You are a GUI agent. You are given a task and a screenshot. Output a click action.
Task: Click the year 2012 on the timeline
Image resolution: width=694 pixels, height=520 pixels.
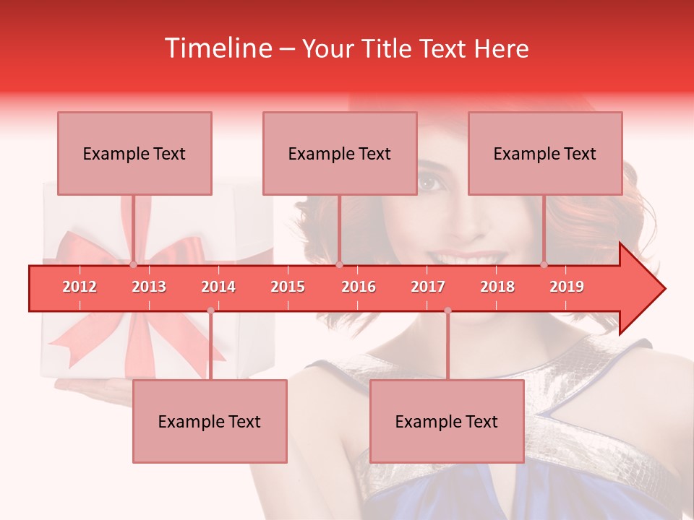point(80,287)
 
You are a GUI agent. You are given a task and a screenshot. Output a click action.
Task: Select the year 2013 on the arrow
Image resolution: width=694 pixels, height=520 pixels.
point(149,287)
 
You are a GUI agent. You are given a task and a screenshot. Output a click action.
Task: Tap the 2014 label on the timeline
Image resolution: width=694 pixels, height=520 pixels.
point(218,287)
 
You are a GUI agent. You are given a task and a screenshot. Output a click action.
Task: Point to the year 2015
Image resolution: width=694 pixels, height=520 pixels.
point(288,287)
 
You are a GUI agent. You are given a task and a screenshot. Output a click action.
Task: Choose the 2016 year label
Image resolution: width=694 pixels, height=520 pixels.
point(359,287)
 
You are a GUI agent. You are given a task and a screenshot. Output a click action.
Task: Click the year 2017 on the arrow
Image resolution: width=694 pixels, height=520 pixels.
point(428,287)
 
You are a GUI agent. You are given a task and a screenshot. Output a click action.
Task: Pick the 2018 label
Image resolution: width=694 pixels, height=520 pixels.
point(497,287)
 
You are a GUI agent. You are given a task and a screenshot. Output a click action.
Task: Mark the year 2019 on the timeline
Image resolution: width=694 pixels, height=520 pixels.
point(567,287)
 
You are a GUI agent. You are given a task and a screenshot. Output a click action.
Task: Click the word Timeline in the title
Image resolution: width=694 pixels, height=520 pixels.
point(216,48)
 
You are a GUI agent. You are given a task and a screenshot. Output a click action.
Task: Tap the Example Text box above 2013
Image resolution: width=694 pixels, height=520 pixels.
point(134,153)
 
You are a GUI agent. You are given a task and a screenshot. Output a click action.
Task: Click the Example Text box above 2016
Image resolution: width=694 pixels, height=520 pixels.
point(340,153)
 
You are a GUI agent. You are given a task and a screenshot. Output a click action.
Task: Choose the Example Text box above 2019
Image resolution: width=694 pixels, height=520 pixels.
point(545,153)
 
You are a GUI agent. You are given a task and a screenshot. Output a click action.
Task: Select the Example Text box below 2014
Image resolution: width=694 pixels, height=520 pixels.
point(210,421)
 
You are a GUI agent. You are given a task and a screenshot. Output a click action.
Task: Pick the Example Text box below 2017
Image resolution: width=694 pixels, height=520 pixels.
point(447,421)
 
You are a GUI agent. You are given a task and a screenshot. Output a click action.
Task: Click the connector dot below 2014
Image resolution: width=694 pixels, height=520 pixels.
point(210,311)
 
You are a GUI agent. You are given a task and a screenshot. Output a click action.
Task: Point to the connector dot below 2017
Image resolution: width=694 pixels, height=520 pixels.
point(447,311)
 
